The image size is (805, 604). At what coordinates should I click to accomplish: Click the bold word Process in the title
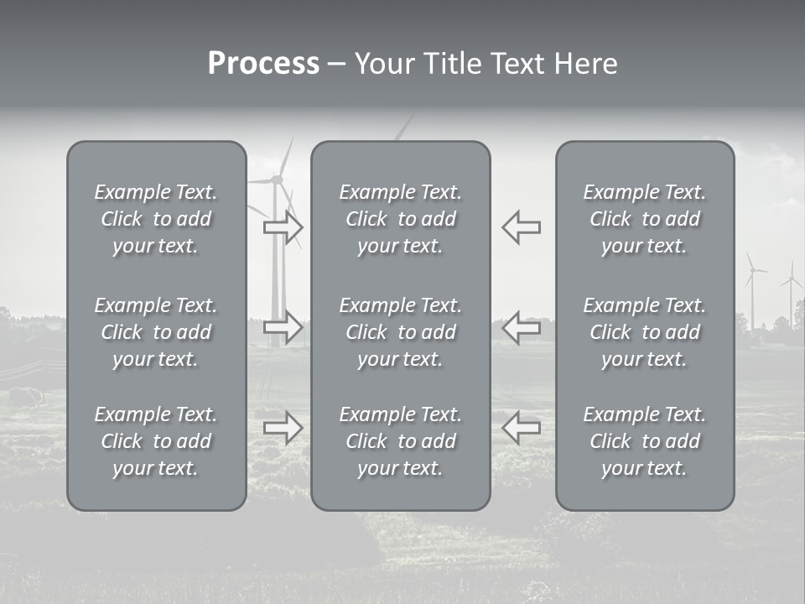click(263, 64)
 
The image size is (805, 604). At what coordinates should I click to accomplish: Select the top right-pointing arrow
click(283, 227)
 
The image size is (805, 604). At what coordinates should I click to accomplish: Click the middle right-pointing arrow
click(283, 327)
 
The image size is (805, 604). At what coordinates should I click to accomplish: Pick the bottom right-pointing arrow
click(283, 428)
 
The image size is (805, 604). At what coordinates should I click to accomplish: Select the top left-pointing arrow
click(521, 227)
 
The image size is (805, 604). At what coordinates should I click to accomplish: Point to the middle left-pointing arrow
click(521, 327)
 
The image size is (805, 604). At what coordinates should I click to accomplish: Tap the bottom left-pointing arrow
click(521, 428)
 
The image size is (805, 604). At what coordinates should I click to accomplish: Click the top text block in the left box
click(156, 219)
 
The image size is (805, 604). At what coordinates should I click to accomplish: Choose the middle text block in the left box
click(156, 332)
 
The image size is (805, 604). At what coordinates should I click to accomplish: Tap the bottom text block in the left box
click(156, 441)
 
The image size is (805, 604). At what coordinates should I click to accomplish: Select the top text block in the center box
click(400, 219)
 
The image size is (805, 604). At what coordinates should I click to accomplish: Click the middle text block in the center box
click(400, 332)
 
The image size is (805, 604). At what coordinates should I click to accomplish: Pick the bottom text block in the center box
click(400, 441)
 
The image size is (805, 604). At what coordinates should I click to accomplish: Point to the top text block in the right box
click(644, 219)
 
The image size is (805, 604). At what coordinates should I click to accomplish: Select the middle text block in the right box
click(644, 332)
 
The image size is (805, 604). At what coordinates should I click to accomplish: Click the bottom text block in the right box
click(644, 441)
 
